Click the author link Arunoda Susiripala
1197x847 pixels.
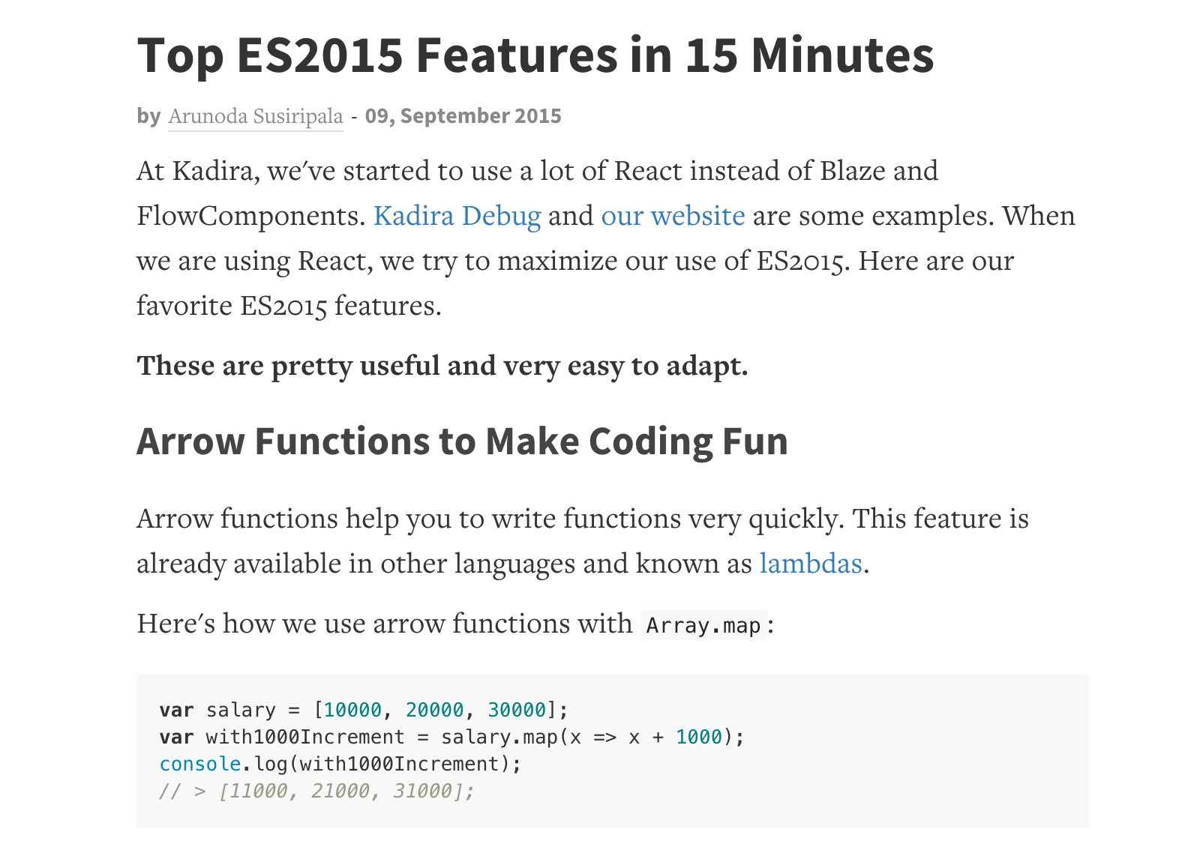point(256,116)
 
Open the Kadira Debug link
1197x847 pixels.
point(457,217)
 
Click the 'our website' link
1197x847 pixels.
point(673,216)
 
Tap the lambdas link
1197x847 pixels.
point(811,564)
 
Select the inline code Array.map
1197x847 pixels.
point(703,625)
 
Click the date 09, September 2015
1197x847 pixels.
point(463,116)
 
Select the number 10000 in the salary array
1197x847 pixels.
point(352,710)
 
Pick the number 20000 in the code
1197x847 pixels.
point(434,710)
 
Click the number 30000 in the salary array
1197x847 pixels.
point(517,710)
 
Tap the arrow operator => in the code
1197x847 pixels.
point(605,738)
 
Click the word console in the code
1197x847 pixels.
point(200,765)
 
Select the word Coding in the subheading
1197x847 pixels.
point(649,442)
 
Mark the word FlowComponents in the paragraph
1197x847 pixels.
point(250,217)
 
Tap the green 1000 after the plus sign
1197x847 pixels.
point(699,737)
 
